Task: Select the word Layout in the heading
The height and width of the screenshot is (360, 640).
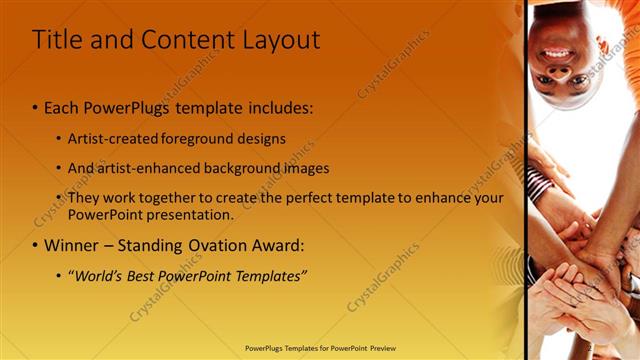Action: [280, 40]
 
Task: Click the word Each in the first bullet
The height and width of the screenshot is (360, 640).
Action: [61, 107]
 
